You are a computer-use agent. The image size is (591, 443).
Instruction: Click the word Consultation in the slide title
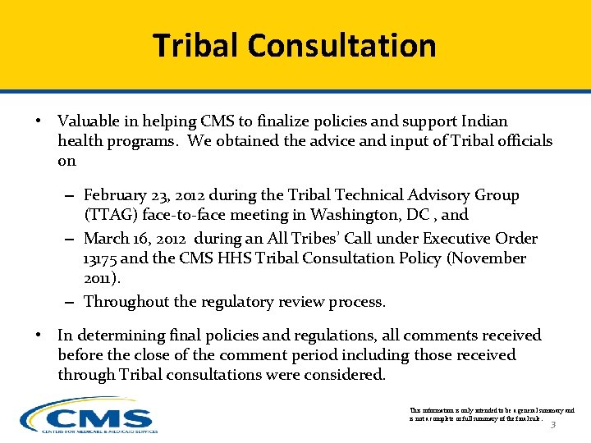(342, 45)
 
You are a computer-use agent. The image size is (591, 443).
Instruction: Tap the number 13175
(101, 258)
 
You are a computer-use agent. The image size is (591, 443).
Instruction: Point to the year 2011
(98, 278)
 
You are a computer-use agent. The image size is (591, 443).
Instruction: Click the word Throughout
(124, 302)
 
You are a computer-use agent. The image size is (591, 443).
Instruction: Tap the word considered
(344, 375)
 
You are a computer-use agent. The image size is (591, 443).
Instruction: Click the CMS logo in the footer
(89, 415)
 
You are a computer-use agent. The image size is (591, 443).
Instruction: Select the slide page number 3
(552, 424)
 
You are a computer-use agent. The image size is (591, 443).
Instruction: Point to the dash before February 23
(71, 196)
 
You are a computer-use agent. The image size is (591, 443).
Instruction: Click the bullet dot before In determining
(39, 336)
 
